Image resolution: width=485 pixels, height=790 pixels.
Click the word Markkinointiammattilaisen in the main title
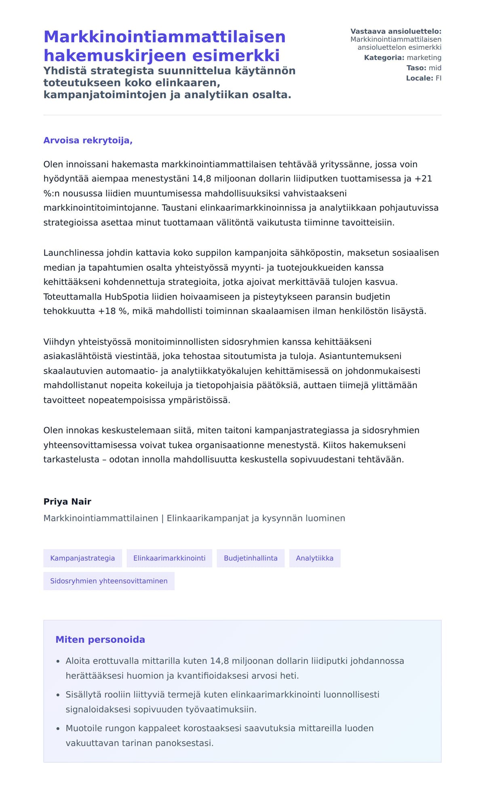tap(164, 37)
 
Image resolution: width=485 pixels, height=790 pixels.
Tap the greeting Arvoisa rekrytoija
tap(88, 140)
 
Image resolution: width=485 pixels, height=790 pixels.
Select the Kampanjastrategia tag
tap(82, 558)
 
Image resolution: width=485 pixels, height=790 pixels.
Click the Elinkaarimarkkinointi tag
tap(169, 558)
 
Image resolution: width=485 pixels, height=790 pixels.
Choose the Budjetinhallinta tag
tap(251, 558)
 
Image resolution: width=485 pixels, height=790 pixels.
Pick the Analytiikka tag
tap(314, 558)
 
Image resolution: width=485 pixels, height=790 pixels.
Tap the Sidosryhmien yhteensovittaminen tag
tap(109, 581)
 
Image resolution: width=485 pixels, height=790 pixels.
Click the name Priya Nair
tap(67, 501)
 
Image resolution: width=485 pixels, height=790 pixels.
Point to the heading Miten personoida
tap(100, 639)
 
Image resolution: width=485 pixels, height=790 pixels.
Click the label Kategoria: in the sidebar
tap(384, 57)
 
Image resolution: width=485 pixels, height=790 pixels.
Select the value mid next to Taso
tap(435, 68)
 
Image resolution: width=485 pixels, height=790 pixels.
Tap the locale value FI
tap(438, 78)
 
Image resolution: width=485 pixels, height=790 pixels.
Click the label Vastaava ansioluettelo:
tap(396, 31)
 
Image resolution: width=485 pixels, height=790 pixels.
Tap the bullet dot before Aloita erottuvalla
tap(58, 661)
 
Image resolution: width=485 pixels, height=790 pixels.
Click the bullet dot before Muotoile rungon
tap(58, 729)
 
